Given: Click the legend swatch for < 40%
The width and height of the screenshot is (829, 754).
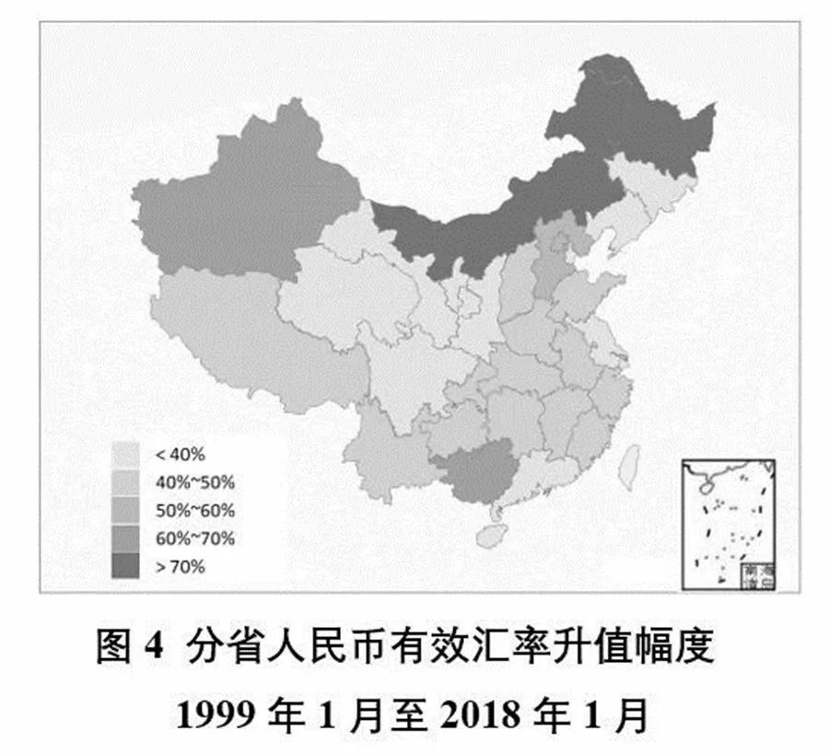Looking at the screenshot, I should click(x=125, y=454).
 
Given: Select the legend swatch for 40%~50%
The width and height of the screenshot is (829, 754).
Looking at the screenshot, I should click(x=125, y=481).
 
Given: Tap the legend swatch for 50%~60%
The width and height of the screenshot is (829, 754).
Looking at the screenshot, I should click(x=125, y=510).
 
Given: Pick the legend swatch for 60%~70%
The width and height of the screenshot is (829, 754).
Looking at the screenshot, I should click(x=125, y=539).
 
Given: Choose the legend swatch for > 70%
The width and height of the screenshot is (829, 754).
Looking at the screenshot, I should click(x=125, y=567).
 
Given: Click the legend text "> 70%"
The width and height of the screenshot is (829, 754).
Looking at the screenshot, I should click(x=181, y=567).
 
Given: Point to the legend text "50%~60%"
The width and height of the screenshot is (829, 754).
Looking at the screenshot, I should click(x=194, y=510).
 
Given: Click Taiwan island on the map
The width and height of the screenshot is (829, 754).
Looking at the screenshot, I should click(x=629, y=466).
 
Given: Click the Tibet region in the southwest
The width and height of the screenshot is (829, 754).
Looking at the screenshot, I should click(x=239, y=341).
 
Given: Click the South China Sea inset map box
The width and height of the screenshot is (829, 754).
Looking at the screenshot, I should click(x=728, y=524).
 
